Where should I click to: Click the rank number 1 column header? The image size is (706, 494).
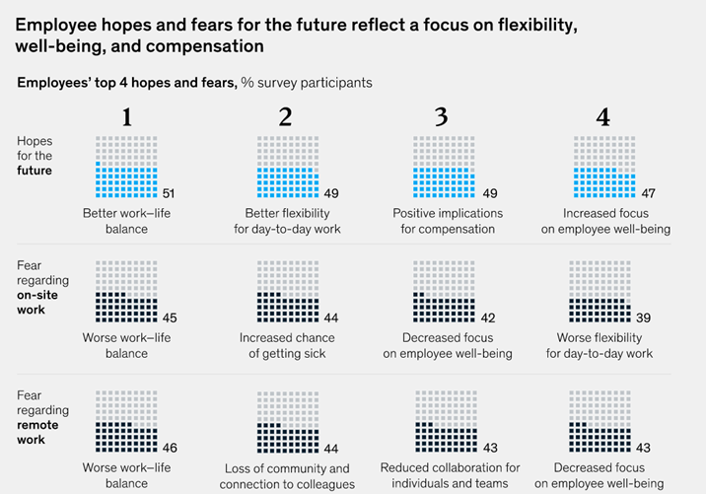coord(126,117)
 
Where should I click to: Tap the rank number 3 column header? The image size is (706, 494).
coord(441,117)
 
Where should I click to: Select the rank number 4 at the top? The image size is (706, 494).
coord(602,117)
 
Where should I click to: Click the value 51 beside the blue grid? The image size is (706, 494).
coord(168,193)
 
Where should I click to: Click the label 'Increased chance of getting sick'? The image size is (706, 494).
coord(287,345)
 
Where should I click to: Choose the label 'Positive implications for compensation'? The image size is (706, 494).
coord(448,221)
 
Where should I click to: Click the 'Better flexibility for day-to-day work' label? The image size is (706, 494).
coord(287,221)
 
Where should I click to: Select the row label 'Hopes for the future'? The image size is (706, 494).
coord(35,156)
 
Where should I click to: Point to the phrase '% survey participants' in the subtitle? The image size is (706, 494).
coord(307,83)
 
